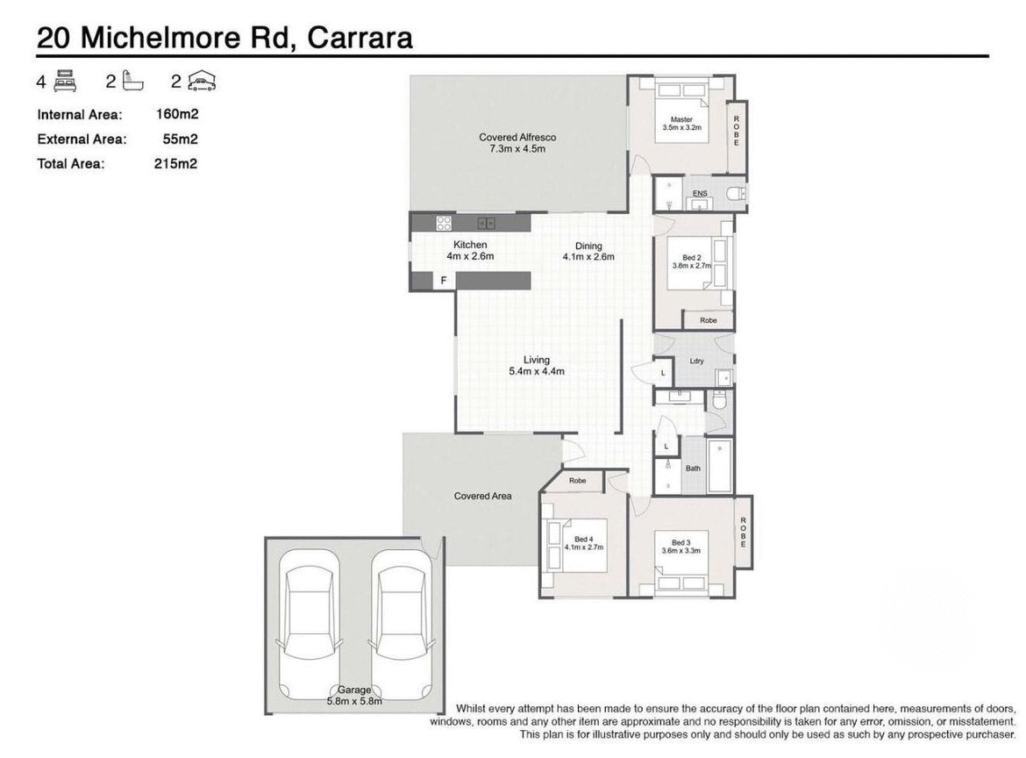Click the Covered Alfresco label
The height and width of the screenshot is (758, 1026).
pyautogui.click(x=517, y=137)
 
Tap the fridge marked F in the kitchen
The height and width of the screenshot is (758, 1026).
pyautogui.click(x=444, y=281)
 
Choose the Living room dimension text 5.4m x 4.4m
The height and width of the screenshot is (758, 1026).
pyautogui.click(x=536, y=372)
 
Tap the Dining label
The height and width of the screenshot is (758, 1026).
pyautogui.click(x=588, y=246)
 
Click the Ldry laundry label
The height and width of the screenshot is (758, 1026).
pyautogui.click(x=697, y=361)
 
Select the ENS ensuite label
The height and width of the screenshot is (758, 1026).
pyautogui.click(x=699, y=193)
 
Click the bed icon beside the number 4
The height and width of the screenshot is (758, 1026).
pyautogui.click(x=66, y=82)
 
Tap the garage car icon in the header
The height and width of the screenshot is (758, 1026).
pyautogui.click(x=202, y=82)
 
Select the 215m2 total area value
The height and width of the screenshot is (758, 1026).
pyautogui.click(x=175, y=163)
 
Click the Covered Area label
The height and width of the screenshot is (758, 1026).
pyautogui.click(x=482, y=497)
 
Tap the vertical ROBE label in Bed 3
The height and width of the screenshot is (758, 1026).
pyautogui.click(x=743, y=532)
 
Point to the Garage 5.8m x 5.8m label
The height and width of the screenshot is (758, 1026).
pyautogui.click(x=355, y=696)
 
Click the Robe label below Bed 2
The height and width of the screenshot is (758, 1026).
pyautogui.click(x=708, y=321)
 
